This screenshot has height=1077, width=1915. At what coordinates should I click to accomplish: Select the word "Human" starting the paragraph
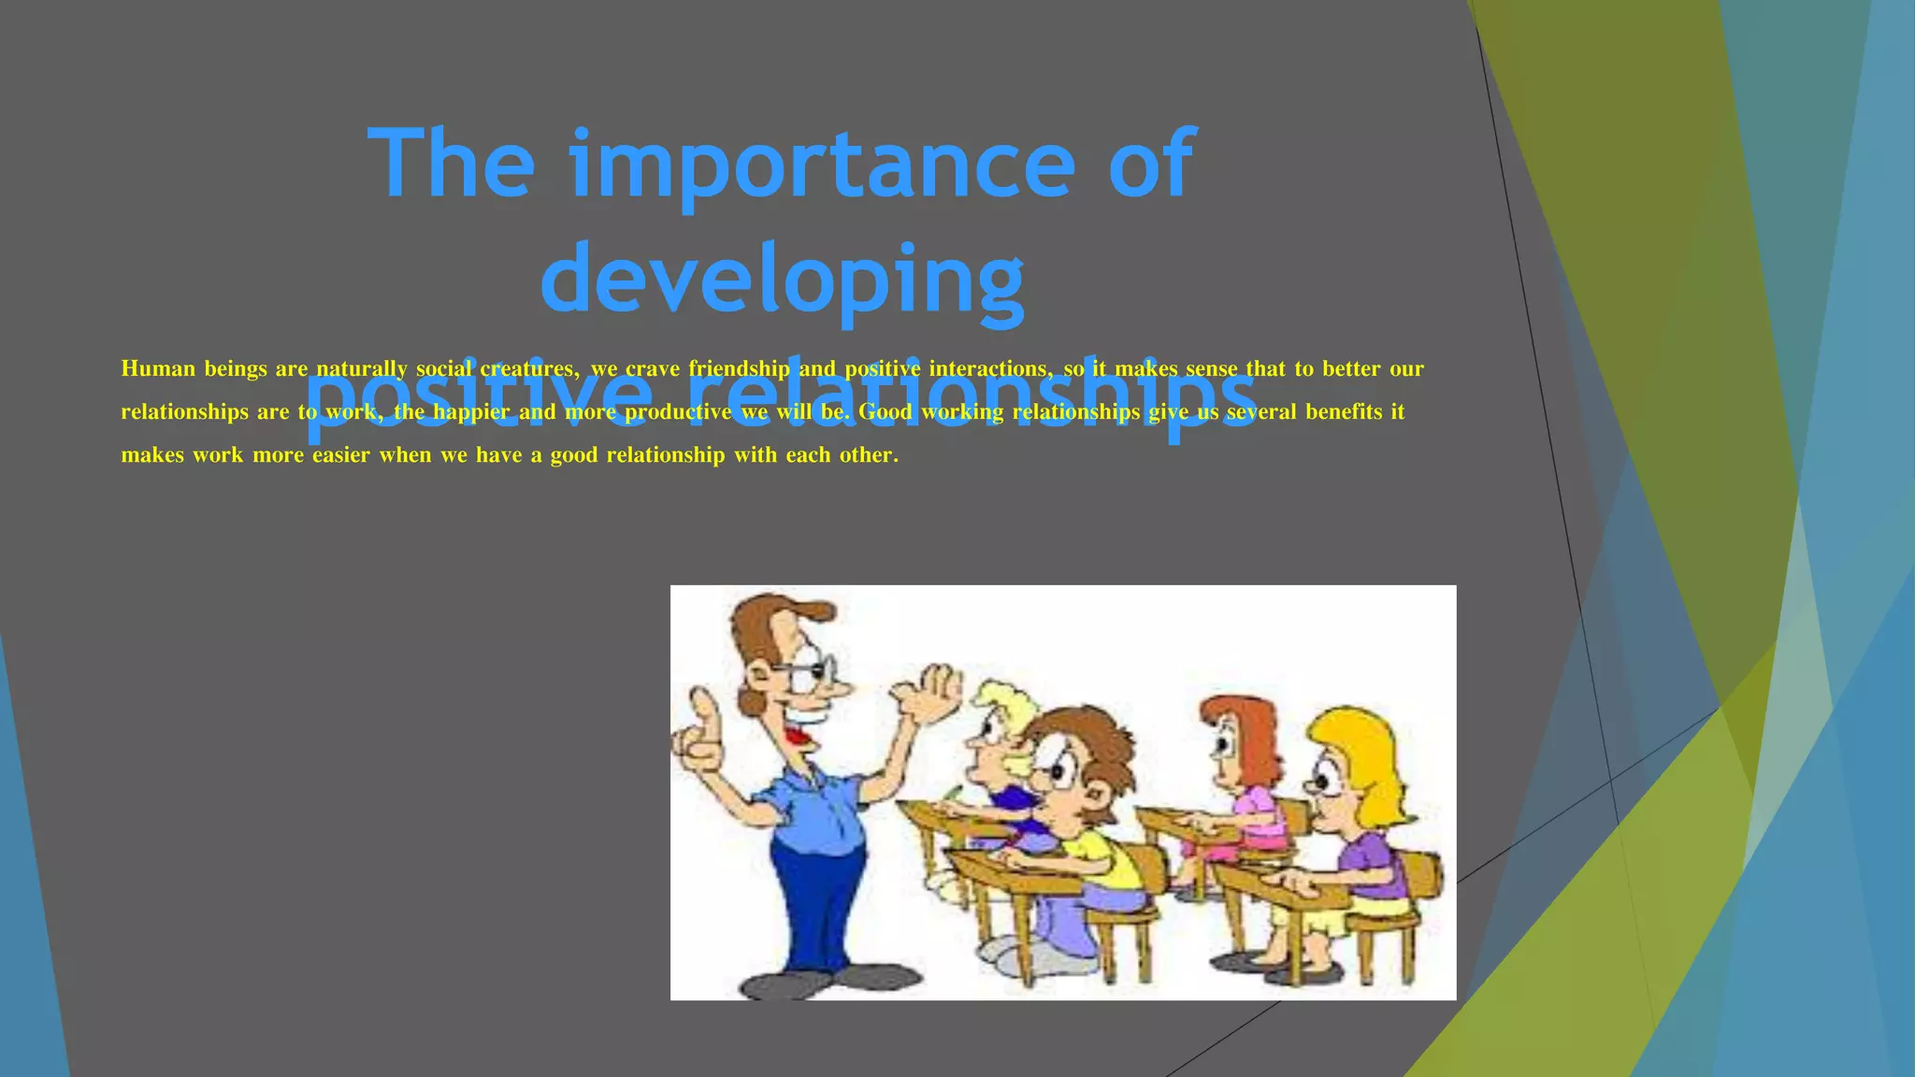158,368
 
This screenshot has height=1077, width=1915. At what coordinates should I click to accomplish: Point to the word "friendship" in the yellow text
739,368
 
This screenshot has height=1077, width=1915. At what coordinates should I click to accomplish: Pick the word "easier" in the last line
340,455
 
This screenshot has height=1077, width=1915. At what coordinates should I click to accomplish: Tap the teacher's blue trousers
818,897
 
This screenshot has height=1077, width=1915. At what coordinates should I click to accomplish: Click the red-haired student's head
1236,739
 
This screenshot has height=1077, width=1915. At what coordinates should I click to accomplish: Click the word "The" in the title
451,165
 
